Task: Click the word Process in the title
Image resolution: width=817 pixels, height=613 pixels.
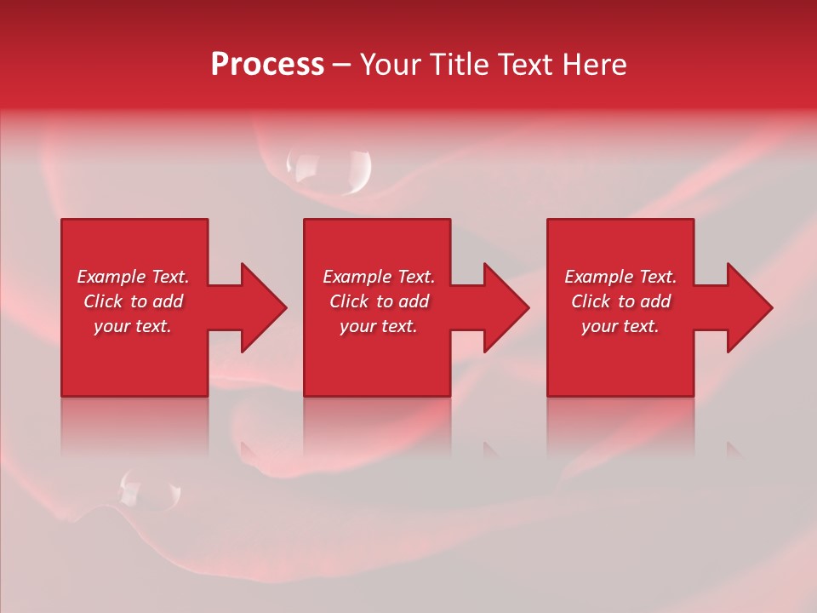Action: (x=267, y=65)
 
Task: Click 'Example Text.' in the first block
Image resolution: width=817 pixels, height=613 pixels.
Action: (x=133, y=277)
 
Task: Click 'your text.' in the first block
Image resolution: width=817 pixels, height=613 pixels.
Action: (x=133, y=326)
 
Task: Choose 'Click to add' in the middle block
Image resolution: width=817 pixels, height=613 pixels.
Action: (x=379, y=301)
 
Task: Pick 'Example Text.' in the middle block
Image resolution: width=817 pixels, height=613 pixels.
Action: (x=379, y=277)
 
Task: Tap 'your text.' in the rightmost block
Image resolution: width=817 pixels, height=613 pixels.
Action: (x=620, y=326)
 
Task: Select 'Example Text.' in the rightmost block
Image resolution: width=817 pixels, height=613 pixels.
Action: (x=620, y=277)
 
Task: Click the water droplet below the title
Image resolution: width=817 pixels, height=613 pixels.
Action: (x=329, y=169)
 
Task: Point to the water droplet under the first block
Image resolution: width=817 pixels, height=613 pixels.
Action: (x=149, y=489)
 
